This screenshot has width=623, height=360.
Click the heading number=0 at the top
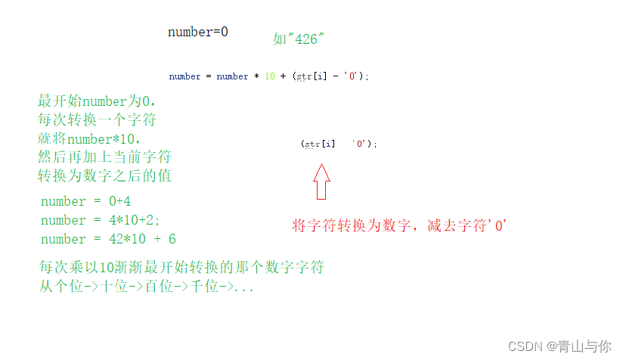point(197,33)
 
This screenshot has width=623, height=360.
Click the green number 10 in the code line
point(270,76)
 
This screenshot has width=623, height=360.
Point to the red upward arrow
point(321,182)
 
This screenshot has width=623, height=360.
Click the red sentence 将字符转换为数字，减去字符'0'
point(398,225)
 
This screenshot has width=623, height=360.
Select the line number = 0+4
point(86,201)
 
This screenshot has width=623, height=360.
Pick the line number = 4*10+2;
point(101,220)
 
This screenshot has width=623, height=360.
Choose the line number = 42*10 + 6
point(108,239)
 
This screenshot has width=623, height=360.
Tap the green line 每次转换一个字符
point(97,120)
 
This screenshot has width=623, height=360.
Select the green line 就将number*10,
point(90,139)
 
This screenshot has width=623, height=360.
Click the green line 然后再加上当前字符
point(104,157)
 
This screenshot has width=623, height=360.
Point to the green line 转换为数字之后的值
point(104,176)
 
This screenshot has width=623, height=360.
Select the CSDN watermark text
point(559,346)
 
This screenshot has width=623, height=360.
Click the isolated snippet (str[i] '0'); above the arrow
point(338,144)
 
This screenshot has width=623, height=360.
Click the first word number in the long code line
point(185,76)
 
